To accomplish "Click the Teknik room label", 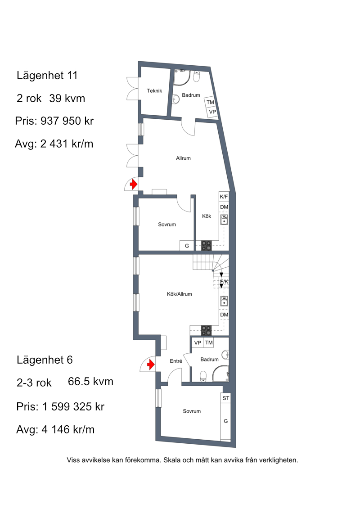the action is [x=154, y=91].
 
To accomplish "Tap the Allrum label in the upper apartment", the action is [x=183, y=158].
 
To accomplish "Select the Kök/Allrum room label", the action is [x=179, y=294].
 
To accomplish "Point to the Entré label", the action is [x=176, y=361].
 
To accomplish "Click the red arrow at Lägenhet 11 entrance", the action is [x=133, y=185].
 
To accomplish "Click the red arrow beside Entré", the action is [x=151, y=365].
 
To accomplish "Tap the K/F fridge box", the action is [x=224, y=197].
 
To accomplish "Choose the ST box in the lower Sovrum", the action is [x=225, y=398].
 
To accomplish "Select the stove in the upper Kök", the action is [x=206, y=245].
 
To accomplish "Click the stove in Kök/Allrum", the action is [x=206, y=330].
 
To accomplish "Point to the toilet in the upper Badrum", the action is [x=197, y=77].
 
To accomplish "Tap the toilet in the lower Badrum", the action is [x=203, y=376].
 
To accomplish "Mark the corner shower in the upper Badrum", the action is [x=182, y=77].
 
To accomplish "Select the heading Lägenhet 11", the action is [x=47, y=76].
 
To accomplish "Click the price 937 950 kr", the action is [x=67, y=121].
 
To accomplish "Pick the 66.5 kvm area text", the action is [x=90, y=382].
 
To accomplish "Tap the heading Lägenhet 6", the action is [x=45, y=360].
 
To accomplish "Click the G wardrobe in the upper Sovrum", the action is [x=187, y=246].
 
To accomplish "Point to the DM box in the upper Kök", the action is [x=224, y=207].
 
